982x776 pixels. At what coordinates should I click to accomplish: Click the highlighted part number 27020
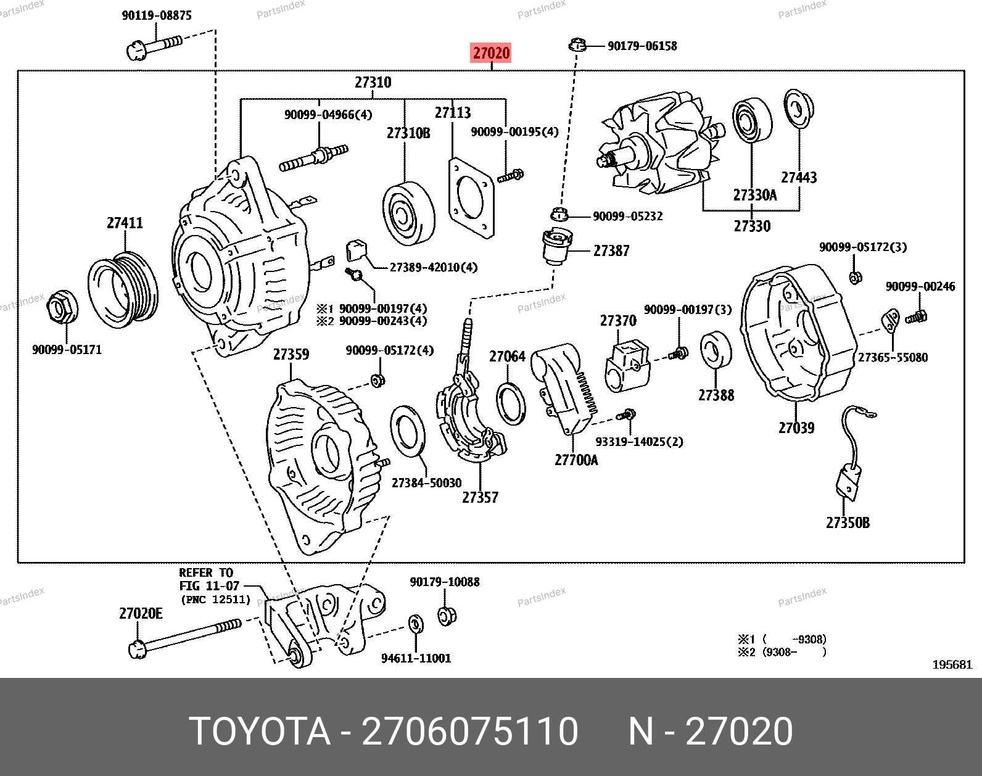point(491,53)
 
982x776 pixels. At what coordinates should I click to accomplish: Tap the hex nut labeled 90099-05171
point(63,307)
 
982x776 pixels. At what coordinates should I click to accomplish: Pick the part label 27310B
point(408,133)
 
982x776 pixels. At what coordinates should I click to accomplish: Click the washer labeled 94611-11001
point(416,624)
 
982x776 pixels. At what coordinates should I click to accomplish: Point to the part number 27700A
point(576,460)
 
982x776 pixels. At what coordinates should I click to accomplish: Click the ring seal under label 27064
point(511,403)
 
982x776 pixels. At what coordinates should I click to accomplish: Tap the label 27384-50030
point(426,483)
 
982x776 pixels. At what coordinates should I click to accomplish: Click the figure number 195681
point(952,664)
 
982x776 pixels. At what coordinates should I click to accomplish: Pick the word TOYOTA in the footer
point(260,732)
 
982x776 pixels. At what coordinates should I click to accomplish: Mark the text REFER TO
point(206,573)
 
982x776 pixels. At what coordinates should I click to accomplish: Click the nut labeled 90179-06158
point(577,45)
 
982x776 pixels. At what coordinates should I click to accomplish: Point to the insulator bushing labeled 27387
point(557,246)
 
